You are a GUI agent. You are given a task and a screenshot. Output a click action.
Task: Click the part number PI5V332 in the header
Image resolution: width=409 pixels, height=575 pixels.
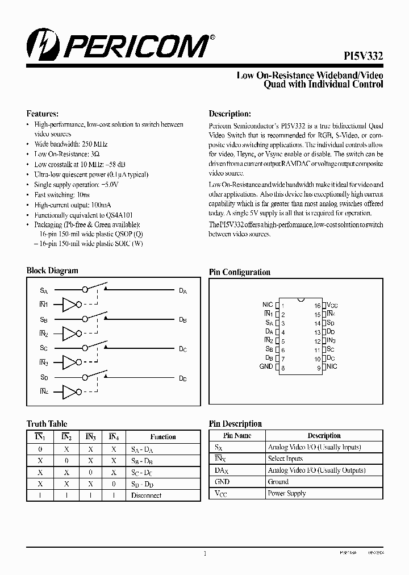coord(363,56)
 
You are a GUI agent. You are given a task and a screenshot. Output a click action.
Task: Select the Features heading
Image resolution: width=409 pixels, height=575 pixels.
coord(43,114)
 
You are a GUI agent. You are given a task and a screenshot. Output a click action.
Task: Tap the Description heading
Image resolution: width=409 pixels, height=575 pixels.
coord(229,114)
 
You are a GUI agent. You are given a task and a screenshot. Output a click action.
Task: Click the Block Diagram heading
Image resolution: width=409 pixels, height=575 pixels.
coord(52,271)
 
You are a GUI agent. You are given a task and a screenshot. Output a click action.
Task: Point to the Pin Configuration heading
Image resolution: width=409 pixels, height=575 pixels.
coord(240,272)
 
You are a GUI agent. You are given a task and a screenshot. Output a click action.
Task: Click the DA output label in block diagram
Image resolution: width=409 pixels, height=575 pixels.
coord(182,291)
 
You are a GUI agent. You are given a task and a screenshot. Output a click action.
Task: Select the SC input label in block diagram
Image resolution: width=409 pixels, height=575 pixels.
coord(44,348)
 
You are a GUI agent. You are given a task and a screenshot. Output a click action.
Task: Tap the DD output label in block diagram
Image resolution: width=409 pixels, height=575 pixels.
coord(182,378)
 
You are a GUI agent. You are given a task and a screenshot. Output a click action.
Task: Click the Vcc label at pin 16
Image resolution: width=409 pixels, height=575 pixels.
coord(332,305)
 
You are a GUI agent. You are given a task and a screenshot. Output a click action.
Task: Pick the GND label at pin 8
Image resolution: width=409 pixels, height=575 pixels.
coord(266,367)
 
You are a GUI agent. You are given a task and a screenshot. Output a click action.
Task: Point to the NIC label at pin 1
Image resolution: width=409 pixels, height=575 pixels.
coord(268,305)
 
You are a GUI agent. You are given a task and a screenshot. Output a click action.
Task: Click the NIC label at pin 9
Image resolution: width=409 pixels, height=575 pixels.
coord(332,367)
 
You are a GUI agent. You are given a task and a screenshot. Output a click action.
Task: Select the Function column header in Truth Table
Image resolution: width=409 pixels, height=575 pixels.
coord(163,437)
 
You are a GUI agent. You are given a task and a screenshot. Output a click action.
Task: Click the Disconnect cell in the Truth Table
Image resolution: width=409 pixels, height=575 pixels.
coord(146,495)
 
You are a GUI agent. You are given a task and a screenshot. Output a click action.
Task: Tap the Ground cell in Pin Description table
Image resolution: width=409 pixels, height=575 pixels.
coord(278,482)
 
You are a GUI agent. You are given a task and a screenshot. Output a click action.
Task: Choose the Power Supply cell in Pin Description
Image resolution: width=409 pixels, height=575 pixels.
coord(286,493)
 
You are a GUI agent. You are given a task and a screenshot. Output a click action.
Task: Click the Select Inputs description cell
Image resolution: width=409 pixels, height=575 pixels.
coord(285,459)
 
